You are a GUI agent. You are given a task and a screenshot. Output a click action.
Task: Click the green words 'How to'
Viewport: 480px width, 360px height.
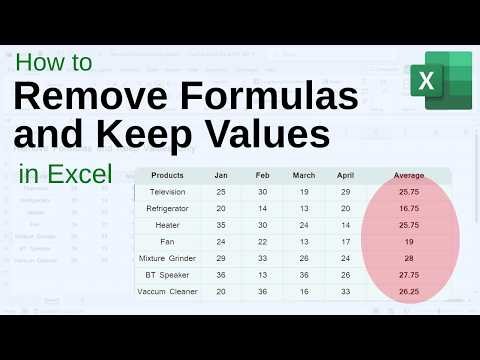point(54,62)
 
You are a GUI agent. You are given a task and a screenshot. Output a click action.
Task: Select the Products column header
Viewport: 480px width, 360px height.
point(167,175)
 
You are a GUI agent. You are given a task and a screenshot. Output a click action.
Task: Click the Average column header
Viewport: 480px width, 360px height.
point(408,175)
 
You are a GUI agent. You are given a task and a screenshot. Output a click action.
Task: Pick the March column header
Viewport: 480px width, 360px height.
point(304,175)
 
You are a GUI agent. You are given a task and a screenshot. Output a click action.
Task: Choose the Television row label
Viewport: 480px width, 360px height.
point(167,191)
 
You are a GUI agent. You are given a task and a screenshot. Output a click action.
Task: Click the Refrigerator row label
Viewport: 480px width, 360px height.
point(167,208)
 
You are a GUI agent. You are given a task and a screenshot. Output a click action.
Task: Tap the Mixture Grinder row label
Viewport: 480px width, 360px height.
point(167,257)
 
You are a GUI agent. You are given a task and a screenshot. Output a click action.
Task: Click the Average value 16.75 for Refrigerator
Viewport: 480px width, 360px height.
point(408,208)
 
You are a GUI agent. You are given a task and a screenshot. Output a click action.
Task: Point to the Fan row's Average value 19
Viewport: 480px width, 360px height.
point(408,241)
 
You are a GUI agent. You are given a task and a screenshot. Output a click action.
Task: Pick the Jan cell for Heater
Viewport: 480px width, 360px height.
point(220,225)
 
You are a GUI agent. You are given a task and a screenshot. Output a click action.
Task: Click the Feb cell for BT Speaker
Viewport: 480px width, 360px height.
point(261,274)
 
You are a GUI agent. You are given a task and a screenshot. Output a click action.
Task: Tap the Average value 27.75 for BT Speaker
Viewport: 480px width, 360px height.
point(408,274)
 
